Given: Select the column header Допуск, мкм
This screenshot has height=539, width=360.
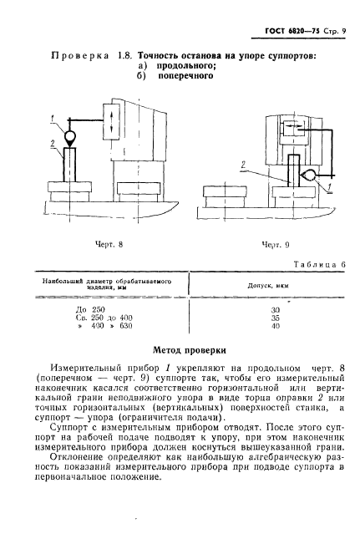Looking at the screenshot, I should pyautogui.click(x=271, y=286).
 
